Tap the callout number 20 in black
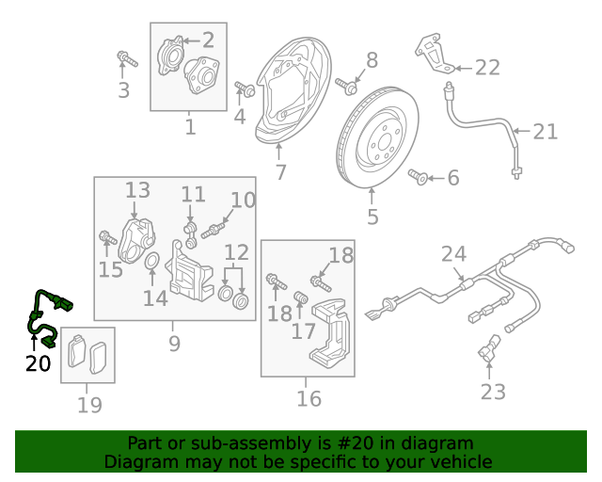click(x=38, y=362)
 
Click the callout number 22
click(x=487, y=68)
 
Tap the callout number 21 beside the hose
click(x=545, y=132)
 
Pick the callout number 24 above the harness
click(x=453, y=254)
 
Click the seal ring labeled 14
click(x=150, y=262)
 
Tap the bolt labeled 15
click(x=106, y=238)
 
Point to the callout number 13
click(x=138, y=191)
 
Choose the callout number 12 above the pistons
click(x=236, y=252)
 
